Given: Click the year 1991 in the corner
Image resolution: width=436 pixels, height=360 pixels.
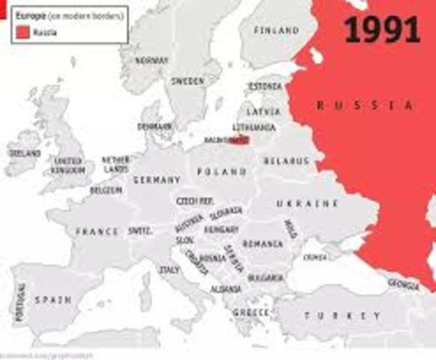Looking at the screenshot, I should pyautogui.click(x=382, y=29).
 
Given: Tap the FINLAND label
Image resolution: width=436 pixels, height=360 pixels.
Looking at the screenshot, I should pyautogui.click(x=275, y=31).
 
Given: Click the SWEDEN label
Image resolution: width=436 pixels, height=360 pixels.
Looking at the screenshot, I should pyautogui.click(x=187, y=80).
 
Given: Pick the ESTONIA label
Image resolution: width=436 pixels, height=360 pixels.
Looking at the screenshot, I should pyautogui.click(x=264, y=87).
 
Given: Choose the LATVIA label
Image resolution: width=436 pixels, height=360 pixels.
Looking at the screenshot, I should pyautogui.click(x=263, y=111).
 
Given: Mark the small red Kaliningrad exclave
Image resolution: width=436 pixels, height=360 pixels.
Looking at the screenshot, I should pyautogui.click(x=242, y=139).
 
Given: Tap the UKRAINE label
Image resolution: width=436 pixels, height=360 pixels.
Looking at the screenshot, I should pyautogui.click(x=307, y=204).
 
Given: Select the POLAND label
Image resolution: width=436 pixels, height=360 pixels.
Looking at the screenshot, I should pyautogui.click(x=221, y=172).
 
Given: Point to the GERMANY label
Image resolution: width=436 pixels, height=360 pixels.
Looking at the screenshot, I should pyautogui.click(x=156, y=180).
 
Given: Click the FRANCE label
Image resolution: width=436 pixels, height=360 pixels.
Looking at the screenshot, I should pyautogui.click(x=97, y=232).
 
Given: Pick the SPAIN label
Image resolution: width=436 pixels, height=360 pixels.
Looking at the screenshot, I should pyautogui.click(x=53, y=299).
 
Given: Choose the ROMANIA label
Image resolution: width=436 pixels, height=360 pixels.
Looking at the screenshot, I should pyautogui.click(x=263, y=244).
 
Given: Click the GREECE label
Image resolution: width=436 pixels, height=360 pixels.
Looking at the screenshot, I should pyautogui.click(x=251, y=311).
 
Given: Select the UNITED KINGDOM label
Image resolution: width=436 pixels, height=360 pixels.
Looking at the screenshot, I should pyautogui.click(x=68, y=166).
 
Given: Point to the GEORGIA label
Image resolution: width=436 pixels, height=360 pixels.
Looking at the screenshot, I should pyautogui.click(x=403, y=283).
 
